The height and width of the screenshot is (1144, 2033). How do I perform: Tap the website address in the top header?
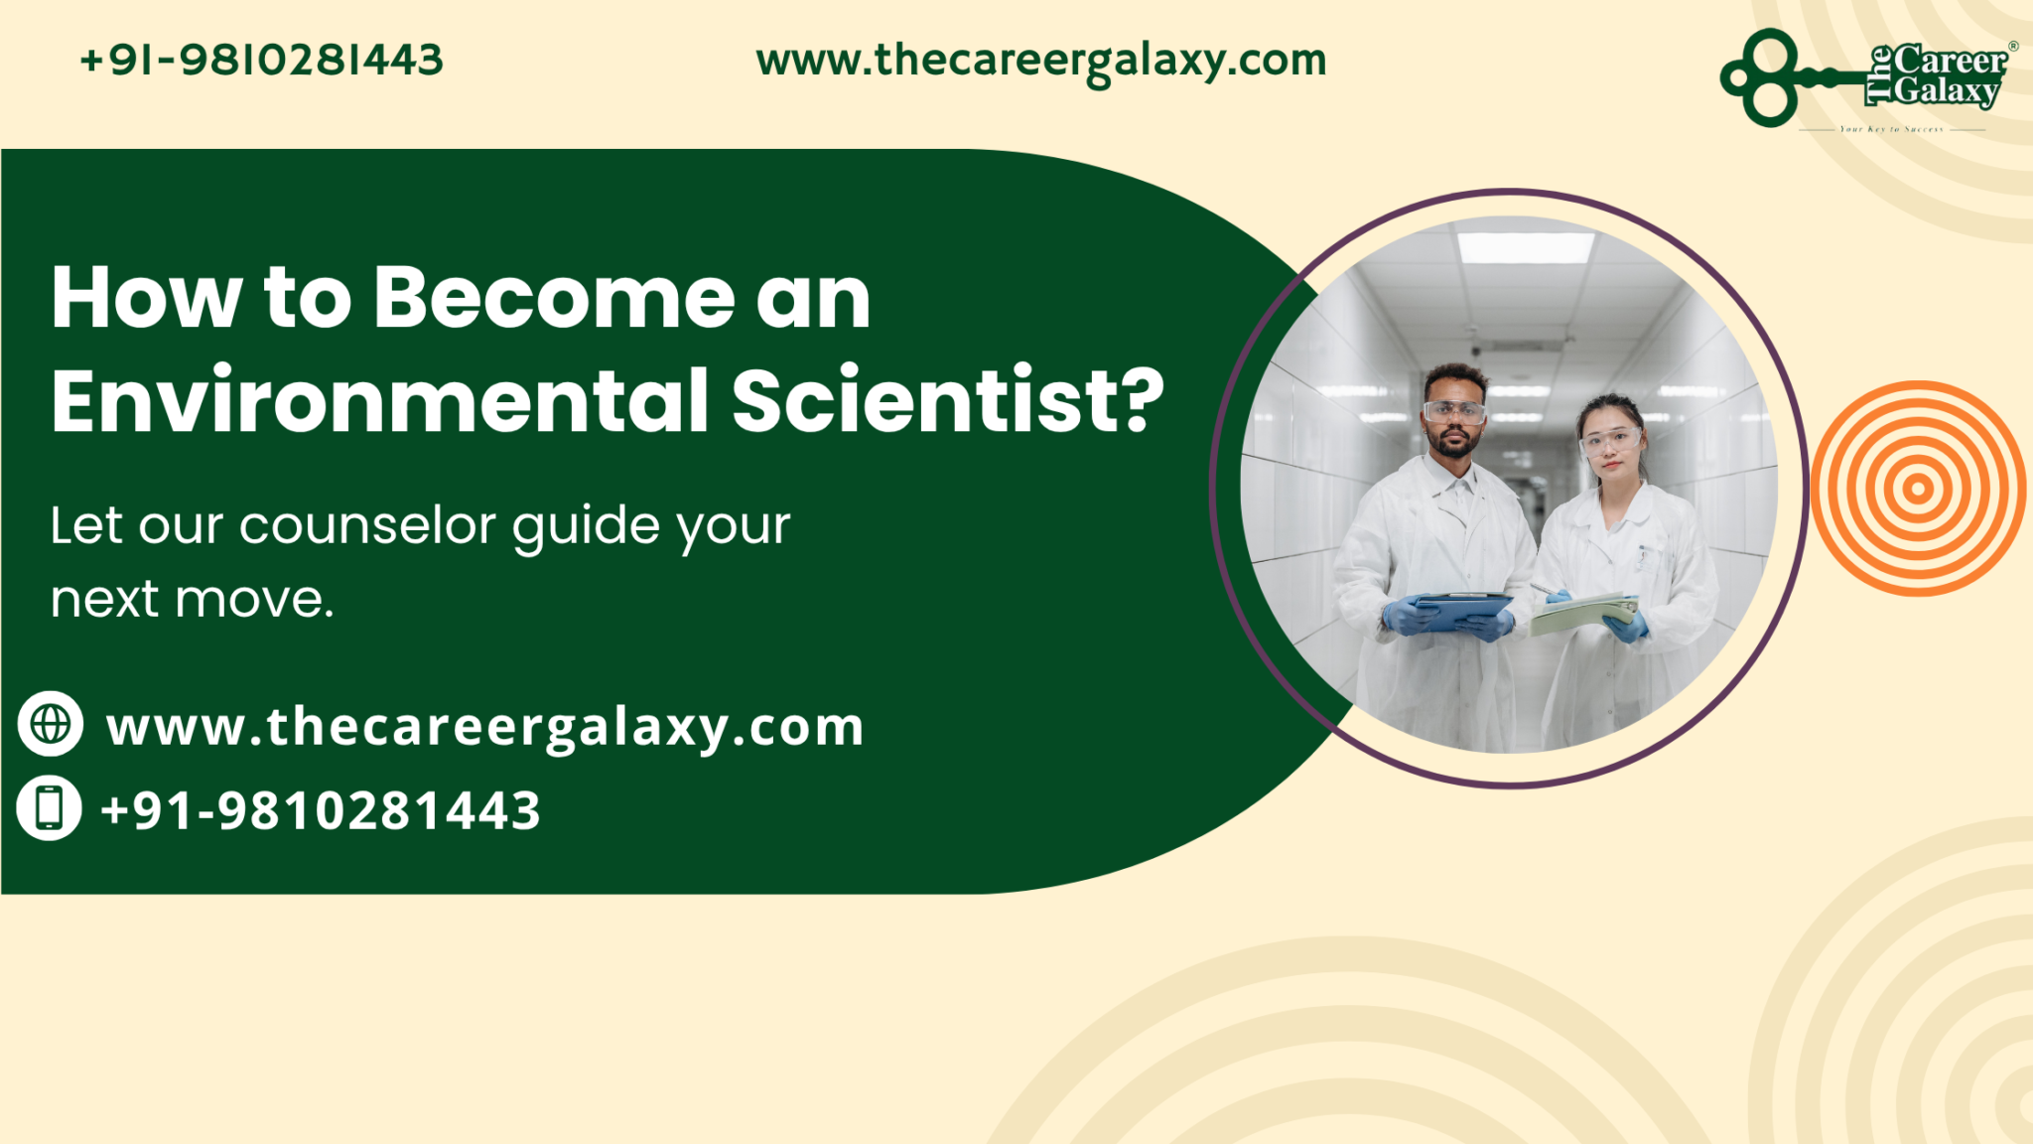pyautogui.click(x=1040, y=61)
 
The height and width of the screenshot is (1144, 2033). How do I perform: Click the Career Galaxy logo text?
pyautogui.click(x=1944, y=75)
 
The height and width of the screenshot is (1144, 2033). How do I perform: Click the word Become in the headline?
pyautogui.click(x=553, y=297)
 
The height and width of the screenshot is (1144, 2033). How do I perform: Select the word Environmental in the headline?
pyautogui.click(x=380, y=400)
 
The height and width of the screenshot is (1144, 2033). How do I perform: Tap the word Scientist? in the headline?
pyautogui.click(x=948, y=400)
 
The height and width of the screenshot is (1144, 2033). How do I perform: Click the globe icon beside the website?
pyautogui.click(x=51, y=724)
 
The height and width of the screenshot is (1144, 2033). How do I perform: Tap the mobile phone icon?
pyautogui.click(x=50, y=807)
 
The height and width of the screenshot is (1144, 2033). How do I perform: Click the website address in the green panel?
pyautogui.click(x=485, y=728)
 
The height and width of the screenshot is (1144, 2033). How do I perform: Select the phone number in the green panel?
pyautogui.click(x=321, y=810)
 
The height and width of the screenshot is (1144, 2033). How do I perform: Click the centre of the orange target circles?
pyautogui.click(x=1918, y=488)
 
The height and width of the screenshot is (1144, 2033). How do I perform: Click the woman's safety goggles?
pyautogui.click(x=1610, y=439)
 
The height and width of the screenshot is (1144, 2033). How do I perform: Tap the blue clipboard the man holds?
pyautogui.click(x=1461, y=608)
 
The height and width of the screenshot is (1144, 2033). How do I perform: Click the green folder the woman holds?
pyautogui.click(x=1582, y=614)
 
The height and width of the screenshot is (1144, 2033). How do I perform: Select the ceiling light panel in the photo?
pyautogui.click(x=1525, y=246)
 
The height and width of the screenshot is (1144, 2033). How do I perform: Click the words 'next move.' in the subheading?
pyautogui.click(x=193, y=600)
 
